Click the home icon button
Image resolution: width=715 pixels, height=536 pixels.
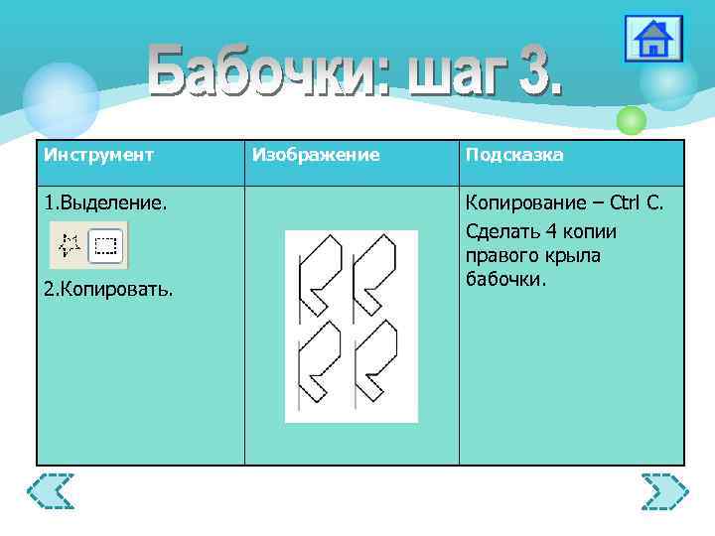tap(653, 39)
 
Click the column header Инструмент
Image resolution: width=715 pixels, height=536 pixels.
tap(98, 155)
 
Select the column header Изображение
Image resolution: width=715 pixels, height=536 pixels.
tap(316, 155)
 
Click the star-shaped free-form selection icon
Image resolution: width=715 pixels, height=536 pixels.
tap(70, 245)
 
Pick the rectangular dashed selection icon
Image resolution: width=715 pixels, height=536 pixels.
tap(106, 245)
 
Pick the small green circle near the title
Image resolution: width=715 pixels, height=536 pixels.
tap(632, 121)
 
